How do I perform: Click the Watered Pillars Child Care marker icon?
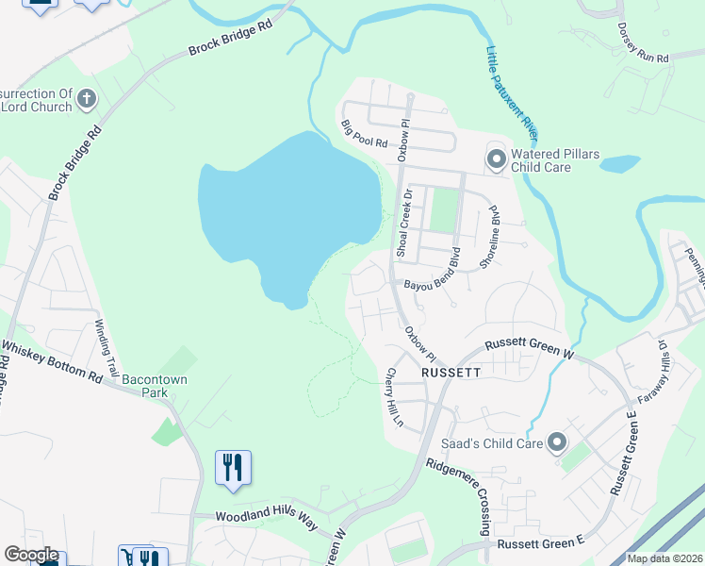(496, 159)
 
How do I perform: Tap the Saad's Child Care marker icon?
(556, 441)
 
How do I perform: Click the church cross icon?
(86, 98)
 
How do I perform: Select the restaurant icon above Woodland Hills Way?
(232, 467)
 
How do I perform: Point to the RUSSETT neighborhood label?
(451, 373)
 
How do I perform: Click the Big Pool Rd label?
(364, 134)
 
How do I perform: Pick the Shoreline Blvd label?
(488, 237)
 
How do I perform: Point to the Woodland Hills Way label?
(269, 519)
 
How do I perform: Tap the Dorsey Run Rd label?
(644, 43)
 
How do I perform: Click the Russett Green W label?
(528, 350)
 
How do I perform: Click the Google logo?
(31, 556)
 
